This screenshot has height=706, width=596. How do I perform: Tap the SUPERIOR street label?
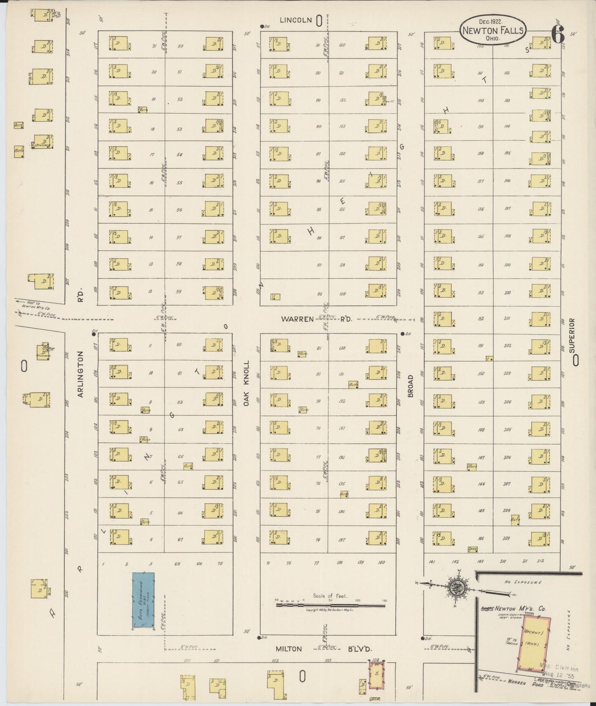click(572, 335)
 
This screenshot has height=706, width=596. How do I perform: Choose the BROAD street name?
click(410, 386)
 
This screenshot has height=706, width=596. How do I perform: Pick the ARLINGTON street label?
click(80, 374)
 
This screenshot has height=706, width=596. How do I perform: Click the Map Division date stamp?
click(563, 673)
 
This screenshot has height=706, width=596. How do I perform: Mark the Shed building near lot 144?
click(473, 549)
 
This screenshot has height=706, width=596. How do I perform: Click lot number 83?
click(319, 265)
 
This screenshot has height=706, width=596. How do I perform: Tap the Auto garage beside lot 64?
click(188, 466)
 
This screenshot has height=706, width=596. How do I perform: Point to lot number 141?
click(432, 561)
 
